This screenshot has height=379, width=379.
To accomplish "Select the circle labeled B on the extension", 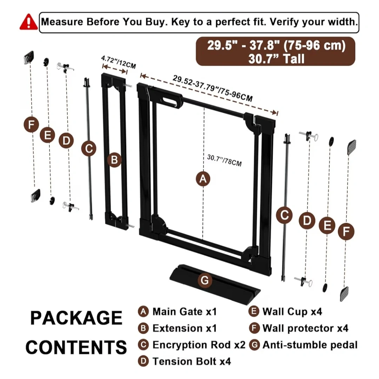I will click(114, 160).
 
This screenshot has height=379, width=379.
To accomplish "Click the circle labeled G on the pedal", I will click(205, 280).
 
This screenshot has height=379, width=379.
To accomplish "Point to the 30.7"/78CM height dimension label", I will click(224, 160).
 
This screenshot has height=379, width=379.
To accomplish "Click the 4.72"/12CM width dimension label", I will click(119, 63).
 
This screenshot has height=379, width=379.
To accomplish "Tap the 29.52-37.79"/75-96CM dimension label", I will click(213, 88).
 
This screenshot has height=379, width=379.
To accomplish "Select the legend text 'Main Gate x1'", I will click(185, 311).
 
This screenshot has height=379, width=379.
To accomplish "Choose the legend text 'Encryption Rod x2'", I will click(199, 345).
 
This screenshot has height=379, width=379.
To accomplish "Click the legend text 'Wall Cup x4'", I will click(292, 311).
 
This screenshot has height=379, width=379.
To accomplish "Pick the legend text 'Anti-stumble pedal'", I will click(310, 345).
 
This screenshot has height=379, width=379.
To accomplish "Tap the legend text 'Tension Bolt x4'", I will click(192, 361).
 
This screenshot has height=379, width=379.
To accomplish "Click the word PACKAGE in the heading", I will click(76, 318).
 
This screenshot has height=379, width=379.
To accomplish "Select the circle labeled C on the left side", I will click(88, 148).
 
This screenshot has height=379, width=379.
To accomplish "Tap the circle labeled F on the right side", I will click(346, 232).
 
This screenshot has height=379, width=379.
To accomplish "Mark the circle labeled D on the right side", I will click(307, 221).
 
